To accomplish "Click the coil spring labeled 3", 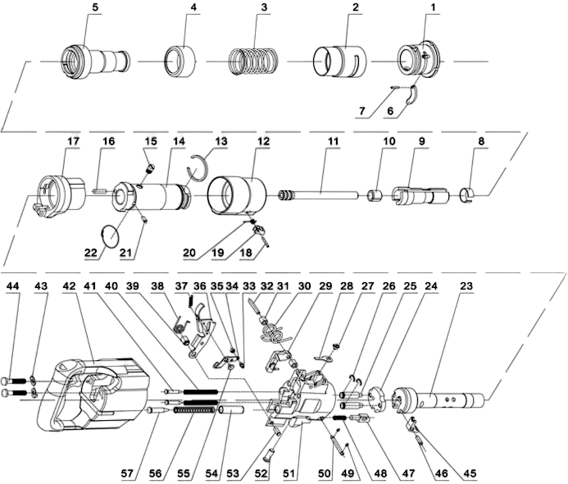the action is tap(254, 62).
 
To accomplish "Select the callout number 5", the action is tap(95, 7).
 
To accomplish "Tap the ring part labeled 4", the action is tap(179, 61).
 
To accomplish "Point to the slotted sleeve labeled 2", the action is tap(339, 61).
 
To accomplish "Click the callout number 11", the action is tap(333, 141).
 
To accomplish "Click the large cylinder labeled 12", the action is tap(237, 195).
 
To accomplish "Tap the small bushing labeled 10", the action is tap(375, 195).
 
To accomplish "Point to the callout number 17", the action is tap(73, 141).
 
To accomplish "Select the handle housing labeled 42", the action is tap(93, 394).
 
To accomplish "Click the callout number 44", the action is tap(13, 286).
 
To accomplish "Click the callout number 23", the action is tap(466, 286).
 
